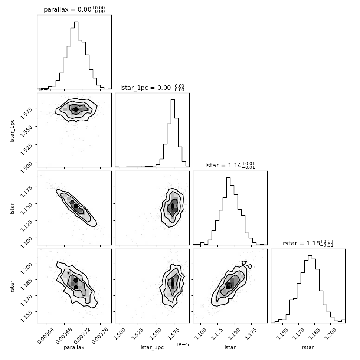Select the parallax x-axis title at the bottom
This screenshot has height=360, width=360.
click(74, 347)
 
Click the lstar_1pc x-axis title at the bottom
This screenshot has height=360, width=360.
click(152, 347)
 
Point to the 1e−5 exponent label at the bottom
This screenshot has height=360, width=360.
click(182, 344)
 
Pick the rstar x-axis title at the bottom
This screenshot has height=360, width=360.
click(308, 347)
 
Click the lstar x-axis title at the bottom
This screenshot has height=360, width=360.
click(230, 347)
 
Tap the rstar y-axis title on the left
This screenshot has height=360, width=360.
click(12, 286)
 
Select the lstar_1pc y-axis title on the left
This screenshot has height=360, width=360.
click(12, 131)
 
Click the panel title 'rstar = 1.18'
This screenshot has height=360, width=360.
click(308, 243)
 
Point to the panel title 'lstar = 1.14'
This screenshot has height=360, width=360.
click(230, 165)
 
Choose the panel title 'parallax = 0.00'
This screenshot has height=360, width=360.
click(74, 9)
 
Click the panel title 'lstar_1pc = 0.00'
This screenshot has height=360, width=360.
click(152, 88)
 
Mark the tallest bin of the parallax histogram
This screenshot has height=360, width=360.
click(76, 55)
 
